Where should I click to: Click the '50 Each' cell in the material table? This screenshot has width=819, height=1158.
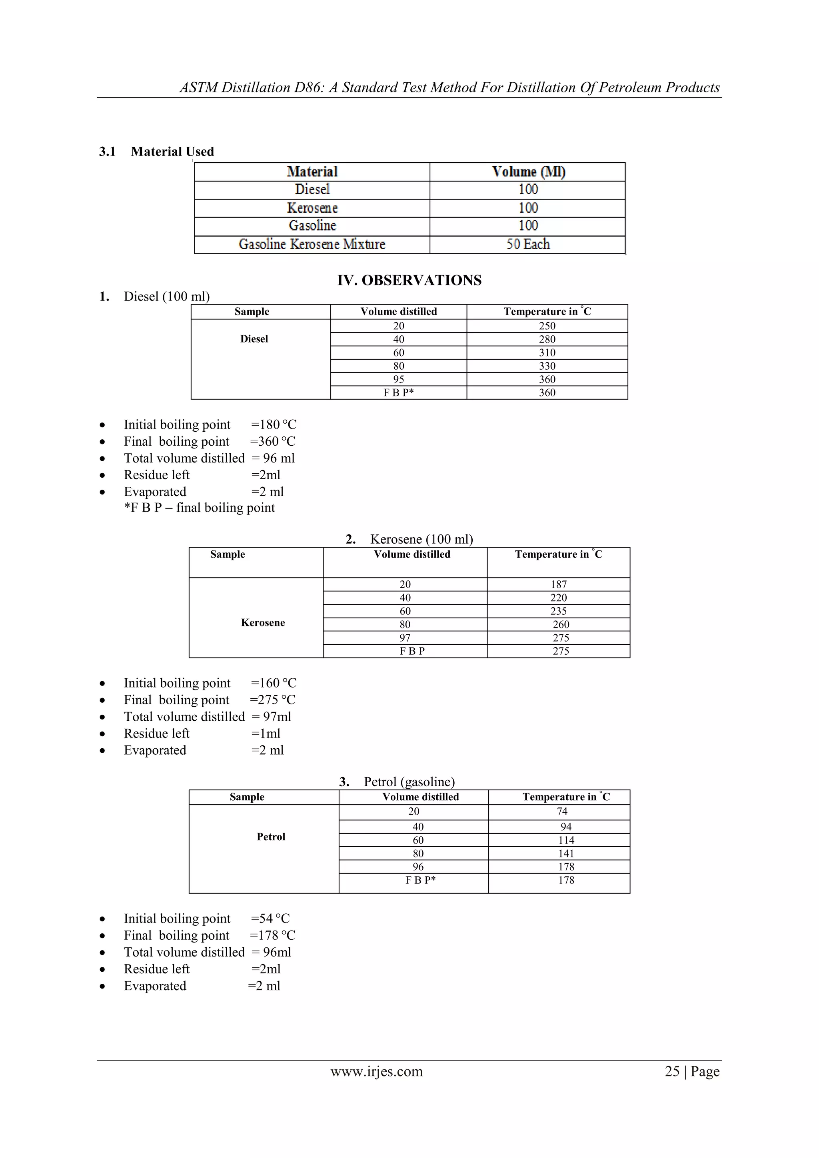(528, 244)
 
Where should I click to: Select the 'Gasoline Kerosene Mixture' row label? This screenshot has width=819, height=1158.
(312, 244)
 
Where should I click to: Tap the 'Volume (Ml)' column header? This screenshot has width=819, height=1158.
(528, 172)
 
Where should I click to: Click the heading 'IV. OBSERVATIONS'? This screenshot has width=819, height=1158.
(409, 281)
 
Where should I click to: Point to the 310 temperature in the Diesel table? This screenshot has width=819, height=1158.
(547, 353)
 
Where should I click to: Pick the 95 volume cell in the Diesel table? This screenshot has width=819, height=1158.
(398, 379)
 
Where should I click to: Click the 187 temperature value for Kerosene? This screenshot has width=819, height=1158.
(558, 584)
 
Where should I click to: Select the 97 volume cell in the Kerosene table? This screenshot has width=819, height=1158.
(405, 638)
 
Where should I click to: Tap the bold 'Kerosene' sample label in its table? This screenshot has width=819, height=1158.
(263, 622)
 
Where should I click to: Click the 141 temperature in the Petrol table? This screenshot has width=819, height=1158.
(566, 853)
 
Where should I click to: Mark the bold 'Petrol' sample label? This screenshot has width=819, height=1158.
(271, 837)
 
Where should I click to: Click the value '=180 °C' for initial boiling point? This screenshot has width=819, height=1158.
(274, 425)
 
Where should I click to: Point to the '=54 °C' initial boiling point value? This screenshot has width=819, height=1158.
(270, 919)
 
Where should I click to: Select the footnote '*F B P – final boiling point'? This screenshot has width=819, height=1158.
(199, 508)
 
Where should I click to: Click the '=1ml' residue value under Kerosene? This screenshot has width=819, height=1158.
(266, 733)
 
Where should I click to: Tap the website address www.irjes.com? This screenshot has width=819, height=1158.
(376, 1071)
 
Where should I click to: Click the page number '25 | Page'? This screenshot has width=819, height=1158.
(692, 1071)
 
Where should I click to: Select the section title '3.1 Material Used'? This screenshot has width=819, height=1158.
(156, 152)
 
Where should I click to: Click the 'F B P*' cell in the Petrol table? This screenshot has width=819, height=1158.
(420, 880)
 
